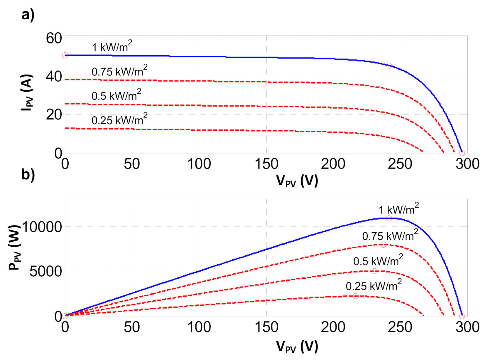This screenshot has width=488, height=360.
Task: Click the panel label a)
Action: (28, 15)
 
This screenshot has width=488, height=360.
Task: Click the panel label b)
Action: (28, 175)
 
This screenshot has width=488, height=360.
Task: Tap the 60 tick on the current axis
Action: (54, 38)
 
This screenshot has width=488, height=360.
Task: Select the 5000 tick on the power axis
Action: (46, 271)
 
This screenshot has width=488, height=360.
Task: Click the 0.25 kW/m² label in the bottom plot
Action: (373, 285)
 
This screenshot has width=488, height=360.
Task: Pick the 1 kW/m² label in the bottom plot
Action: (398, 209)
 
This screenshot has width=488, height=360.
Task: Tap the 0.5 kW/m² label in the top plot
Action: (116, 95)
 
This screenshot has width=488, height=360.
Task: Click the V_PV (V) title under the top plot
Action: (297, 181)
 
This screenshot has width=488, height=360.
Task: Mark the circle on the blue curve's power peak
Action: (389, 218)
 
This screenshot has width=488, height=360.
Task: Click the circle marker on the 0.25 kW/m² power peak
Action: (356, 296)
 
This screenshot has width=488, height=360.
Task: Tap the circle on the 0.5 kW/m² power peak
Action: (374, 271)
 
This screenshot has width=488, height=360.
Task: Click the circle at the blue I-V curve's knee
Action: (389, 65)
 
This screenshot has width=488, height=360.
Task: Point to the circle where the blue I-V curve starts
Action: (65, 55)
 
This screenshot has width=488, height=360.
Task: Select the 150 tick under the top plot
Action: (266, 164)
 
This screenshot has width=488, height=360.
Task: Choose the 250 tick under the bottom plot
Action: (400, 327)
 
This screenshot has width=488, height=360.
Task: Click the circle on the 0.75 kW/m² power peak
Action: (383, 245)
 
